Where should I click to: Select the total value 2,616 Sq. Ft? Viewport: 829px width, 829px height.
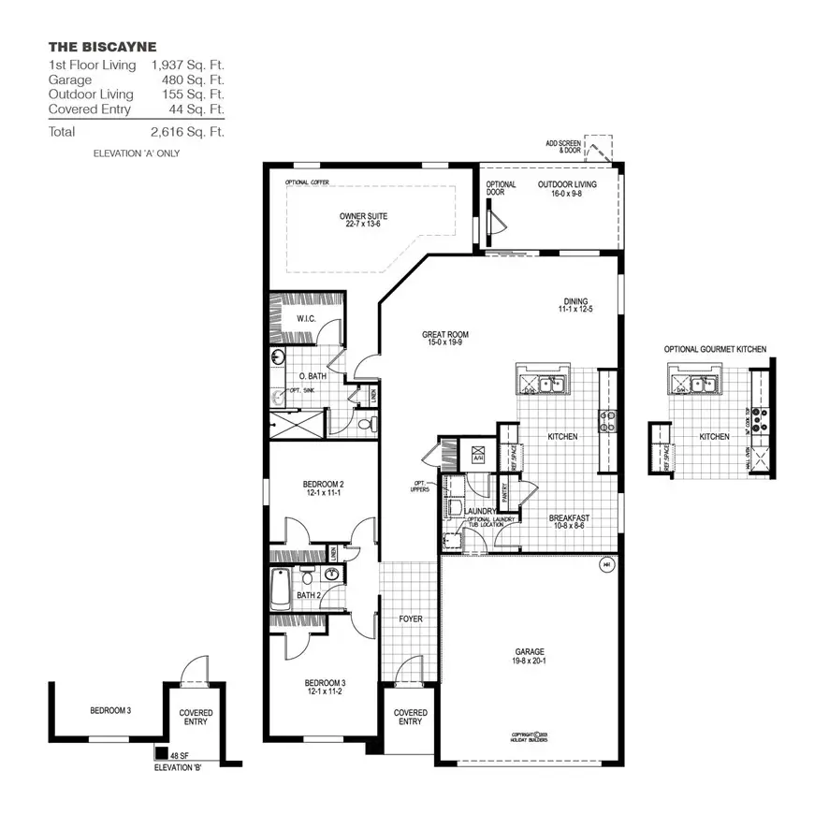[x=187, y=132]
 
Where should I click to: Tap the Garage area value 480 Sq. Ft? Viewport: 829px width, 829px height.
[x=195, y=80]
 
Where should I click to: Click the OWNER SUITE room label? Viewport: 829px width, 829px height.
[x=363, y=221]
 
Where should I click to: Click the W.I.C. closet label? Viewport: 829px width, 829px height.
[x=306, y=318]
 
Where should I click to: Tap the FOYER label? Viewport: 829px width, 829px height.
[x=411, y=618]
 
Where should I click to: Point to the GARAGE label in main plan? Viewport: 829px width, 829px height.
[x=529, y=656]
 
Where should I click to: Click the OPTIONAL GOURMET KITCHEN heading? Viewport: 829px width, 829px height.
[x=715, y=349]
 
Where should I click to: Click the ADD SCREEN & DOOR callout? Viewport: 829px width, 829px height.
[x=563, y=147]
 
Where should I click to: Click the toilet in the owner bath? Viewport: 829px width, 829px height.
[x=365, y=424]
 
